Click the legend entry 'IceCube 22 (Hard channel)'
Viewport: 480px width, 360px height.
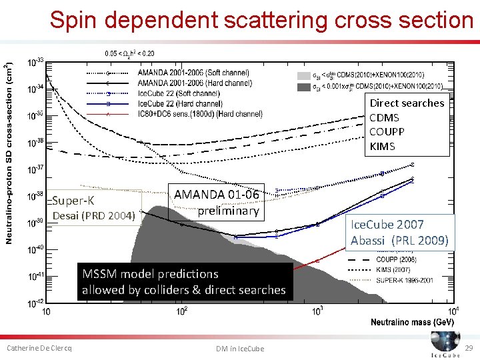pyautogui.click(x=180, y=104)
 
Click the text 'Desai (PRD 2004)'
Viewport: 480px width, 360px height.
pyautogui.click(x=94, y=215)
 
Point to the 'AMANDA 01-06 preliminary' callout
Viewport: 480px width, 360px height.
pyautogui.click(x=216, y=202)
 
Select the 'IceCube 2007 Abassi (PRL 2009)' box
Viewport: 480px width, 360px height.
pyautogui.click(x=399, y=232)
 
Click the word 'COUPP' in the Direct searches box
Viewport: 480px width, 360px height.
pyautogui.click(x=387, y=132)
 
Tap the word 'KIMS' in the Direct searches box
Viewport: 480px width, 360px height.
pyautogui.click(x=382, y=147)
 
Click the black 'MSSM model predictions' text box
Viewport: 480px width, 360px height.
pyautogui.click(x=183, y=282)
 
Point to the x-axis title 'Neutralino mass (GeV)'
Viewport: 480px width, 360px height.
pyautogui.click(x=412, y=322)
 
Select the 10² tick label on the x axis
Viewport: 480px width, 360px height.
pyautogui.click(x=181, y=311)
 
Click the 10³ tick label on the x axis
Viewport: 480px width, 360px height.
pyautogui.click(x=318, y=311)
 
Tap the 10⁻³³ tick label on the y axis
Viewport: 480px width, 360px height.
pyautogui.click(x=35, y=63)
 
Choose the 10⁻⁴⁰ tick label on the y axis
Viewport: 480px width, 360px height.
pyautogui.click(x=35, y=250)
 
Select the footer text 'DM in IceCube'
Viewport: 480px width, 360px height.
pyautogui.click(x=240, y=349)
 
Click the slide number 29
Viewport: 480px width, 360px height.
pyautogui.click(x=469, y=349)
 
